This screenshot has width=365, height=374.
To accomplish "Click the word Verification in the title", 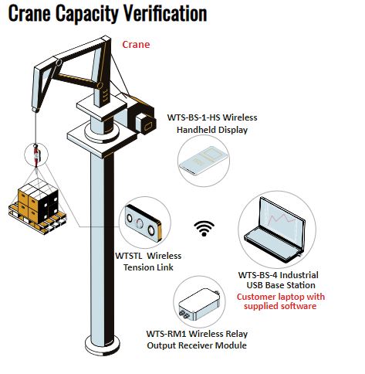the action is (165, 13).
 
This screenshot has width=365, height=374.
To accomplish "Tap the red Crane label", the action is (136, 45).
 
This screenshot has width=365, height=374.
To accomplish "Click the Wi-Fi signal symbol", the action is (204, 228).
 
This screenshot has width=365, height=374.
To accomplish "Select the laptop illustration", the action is (275, 229).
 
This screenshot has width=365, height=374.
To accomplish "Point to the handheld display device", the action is (204, 160).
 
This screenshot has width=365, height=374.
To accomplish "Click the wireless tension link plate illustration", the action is (143, 222).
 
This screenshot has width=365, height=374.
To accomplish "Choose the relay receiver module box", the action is (200, 304).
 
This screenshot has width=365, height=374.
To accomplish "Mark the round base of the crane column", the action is (103, 345).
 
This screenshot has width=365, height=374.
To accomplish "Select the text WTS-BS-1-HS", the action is (194, 117).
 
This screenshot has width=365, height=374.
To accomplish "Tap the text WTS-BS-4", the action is (258, 275).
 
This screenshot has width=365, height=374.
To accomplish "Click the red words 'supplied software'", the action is (280, 306).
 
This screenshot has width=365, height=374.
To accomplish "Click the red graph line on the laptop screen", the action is (282, 219).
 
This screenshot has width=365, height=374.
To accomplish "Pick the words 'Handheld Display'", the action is (212, 130).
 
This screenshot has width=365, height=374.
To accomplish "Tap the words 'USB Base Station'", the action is (281, 285).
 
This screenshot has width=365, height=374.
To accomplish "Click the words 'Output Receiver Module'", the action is (197, 345).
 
